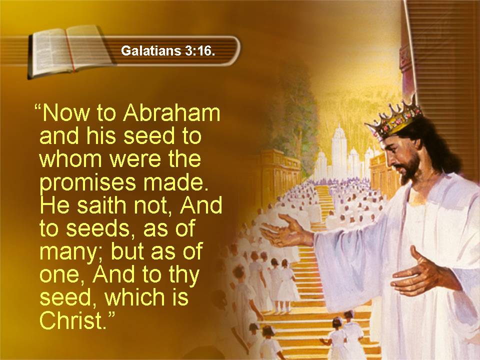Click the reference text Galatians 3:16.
pos(168,50)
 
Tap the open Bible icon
pos(70,51)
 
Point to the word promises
pos(87,183)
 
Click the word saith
pos(100,205)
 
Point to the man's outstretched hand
pos(285,231)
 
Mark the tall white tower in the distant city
pos(339,150)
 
